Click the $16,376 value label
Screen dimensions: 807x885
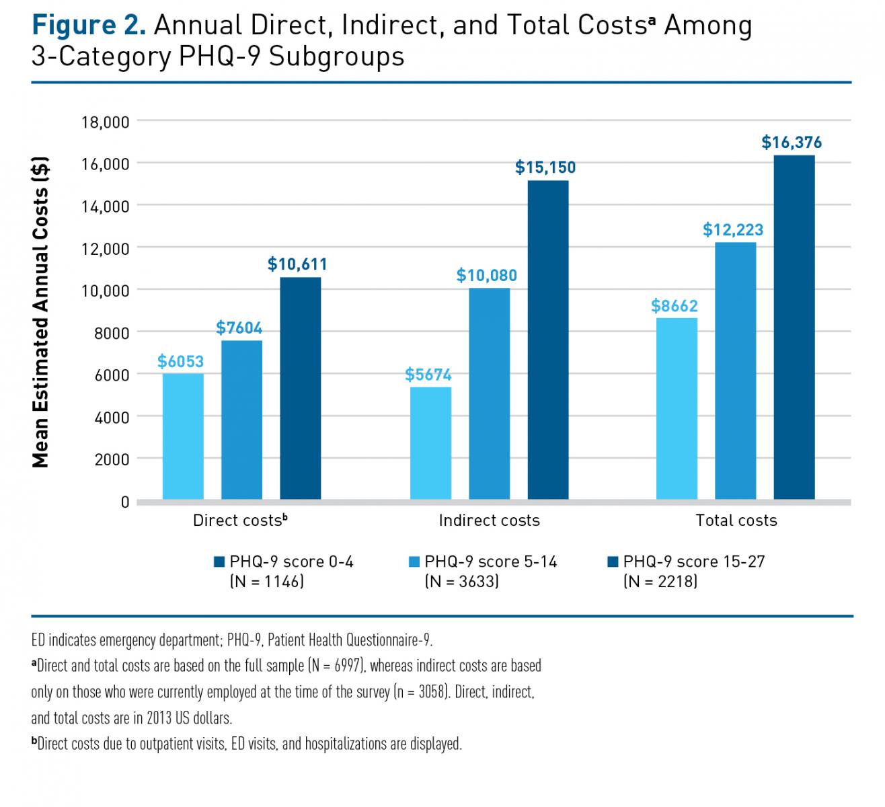tap(792, 143)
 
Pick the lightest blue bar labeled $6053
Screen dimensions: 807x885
tap(183, 436)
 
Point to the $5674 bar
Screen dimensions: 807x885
tap(430, 443)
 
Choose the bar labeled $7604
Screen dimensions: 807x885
tap(241, 420)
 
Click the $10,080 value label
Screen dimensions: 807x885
tap(486, 275)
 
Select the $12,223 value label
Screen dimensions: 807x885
tap(733, 230)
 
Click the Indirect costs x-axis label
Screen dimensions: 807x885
tap(489, 520)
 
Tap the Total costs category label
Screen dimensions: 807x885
tap(736, 520)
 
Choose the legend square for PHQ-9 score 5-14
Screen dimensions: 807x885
tap(414, 562)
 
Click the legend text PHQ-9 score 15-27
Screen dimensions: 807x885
tap(694, 562)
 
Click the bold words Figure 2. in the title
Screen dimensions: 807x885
tap(89, 26)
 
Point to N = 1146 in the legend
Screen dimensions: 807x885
tap(267, 581)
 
